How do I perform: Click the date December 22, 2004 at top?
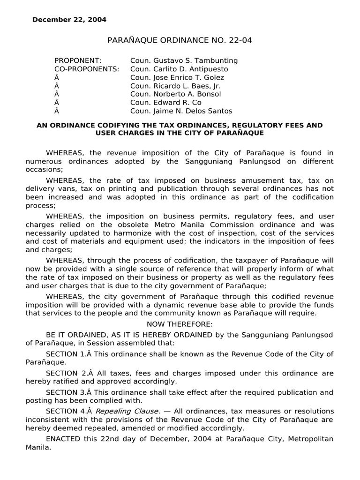(x=69, y=20)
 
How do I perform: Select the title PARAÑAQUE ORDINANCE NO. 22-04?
(x=180, y=40)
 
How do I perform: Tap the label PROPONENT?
(x=78, y=60)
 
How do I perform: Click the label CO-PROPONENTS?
(x=87, y=69)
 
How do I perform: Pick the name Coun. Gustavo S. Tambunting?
(x=184, y=60)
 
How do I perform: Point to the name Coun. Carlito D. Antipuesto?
(x=180, y=69)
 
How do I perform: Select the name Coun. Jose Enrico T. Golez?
(x=177, y=77)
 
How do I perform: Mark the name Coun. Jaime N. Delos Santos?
(x=181, y=111)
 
